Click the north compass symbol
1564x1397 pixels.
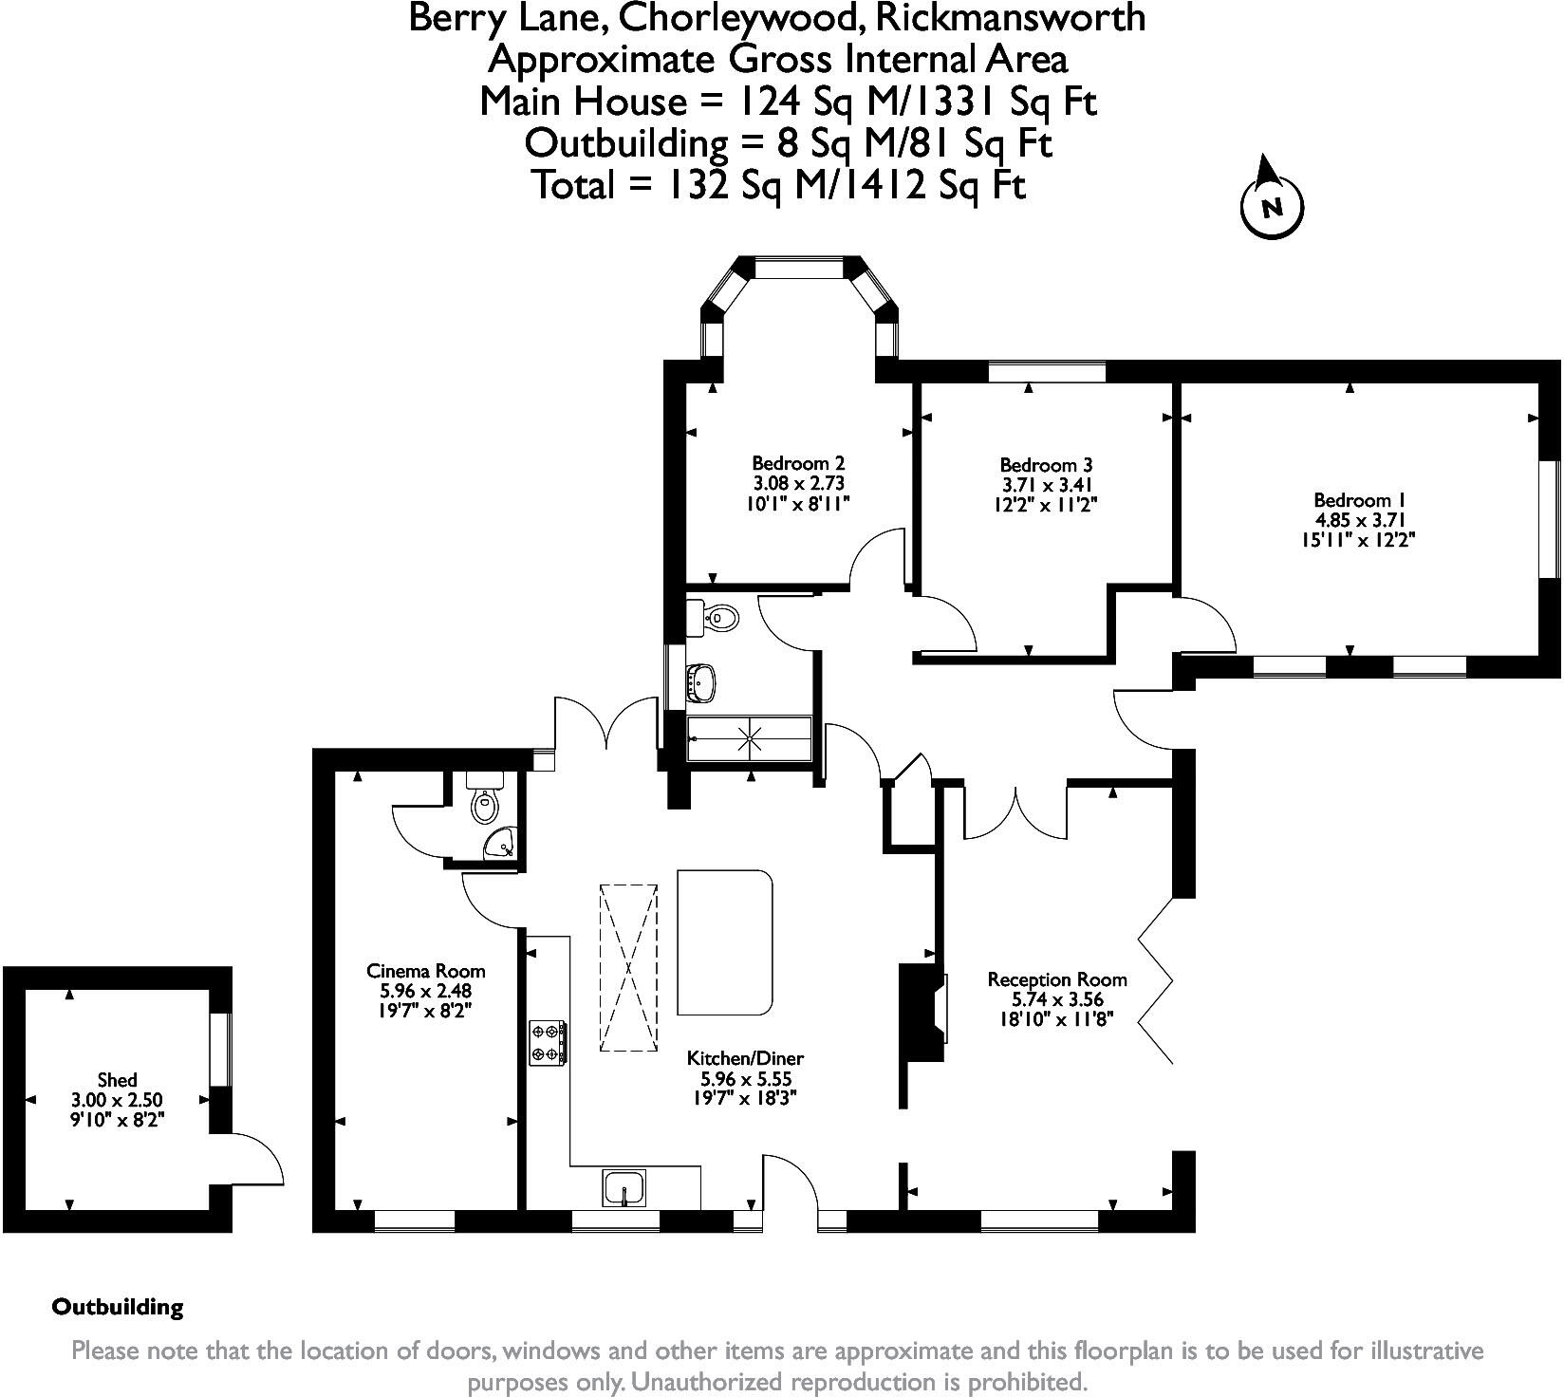[x=1272, y=201]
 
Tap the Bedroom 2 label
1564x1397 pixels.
[x=798, y=464]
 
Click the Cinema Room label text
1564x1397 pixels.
[x=426, y=971]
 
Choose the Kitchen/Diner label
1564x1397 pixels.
[x=745, y=1058]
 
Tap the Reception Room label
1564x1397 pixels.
[x=1057, y=979]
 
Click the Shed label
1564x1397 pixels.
[x=118, y=1080]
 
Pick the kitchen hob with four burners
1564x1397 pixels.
[x=548, y=1042]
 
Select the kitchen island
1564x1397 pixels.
[x=725, y=942]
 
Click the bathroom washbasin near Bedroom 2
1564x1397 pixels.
[x=701, y=680]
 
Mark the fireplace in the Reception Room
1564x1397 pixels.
[x=922, y=1012]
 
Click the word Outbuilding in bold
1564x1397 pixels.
[x=118, y=1307]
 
